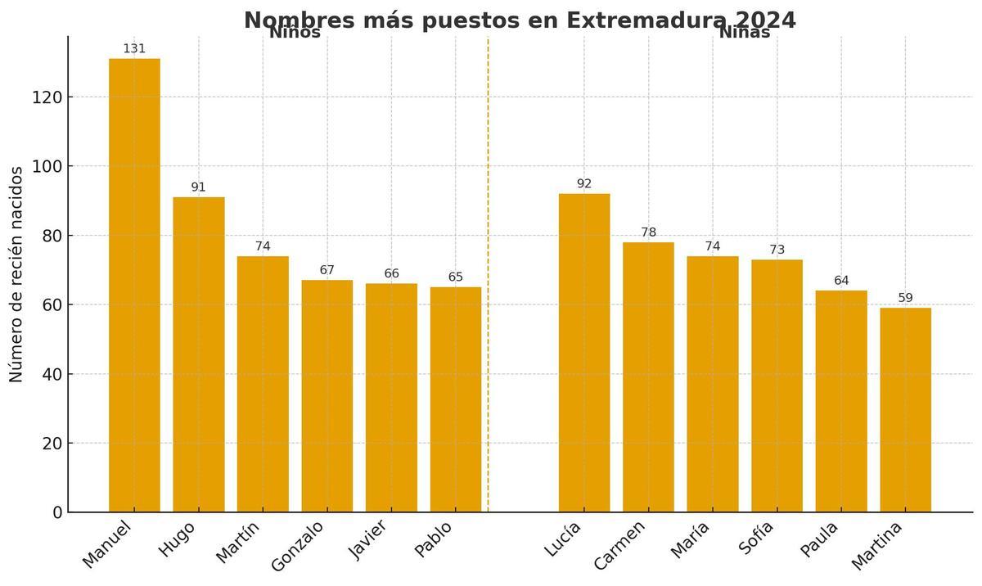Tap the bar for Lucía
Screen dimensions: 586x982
pos(583,353)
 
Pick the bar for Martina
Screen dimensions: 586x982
pos(905,410)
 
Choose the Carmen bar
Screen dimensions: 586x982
pos(648,377)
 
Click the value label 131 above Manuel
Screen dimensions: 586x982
pos(134,49)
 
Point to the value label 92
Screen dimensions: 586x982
pos(583,184)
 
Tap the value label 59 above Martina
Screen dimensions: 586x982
pos(905,298)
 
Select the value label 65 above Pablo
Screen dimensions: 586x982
pos(456,277)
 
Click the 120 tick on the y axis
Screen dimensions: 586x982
pos(47,97)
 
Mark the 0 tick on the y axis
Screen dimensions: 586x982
pos(57,512)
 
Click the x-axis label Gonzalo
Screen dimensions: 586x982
pos(296,545)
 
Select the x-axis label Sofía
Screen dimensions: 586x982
pos(755,538)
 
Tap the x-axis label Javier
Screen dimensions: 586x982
pos(367,540)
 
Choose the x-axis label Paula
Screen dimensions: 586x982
pos(818,539)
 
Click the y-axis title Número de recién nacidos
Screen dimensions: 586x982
pos(16,273)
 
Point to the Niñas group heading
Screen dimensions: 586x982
pos(744,34)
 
